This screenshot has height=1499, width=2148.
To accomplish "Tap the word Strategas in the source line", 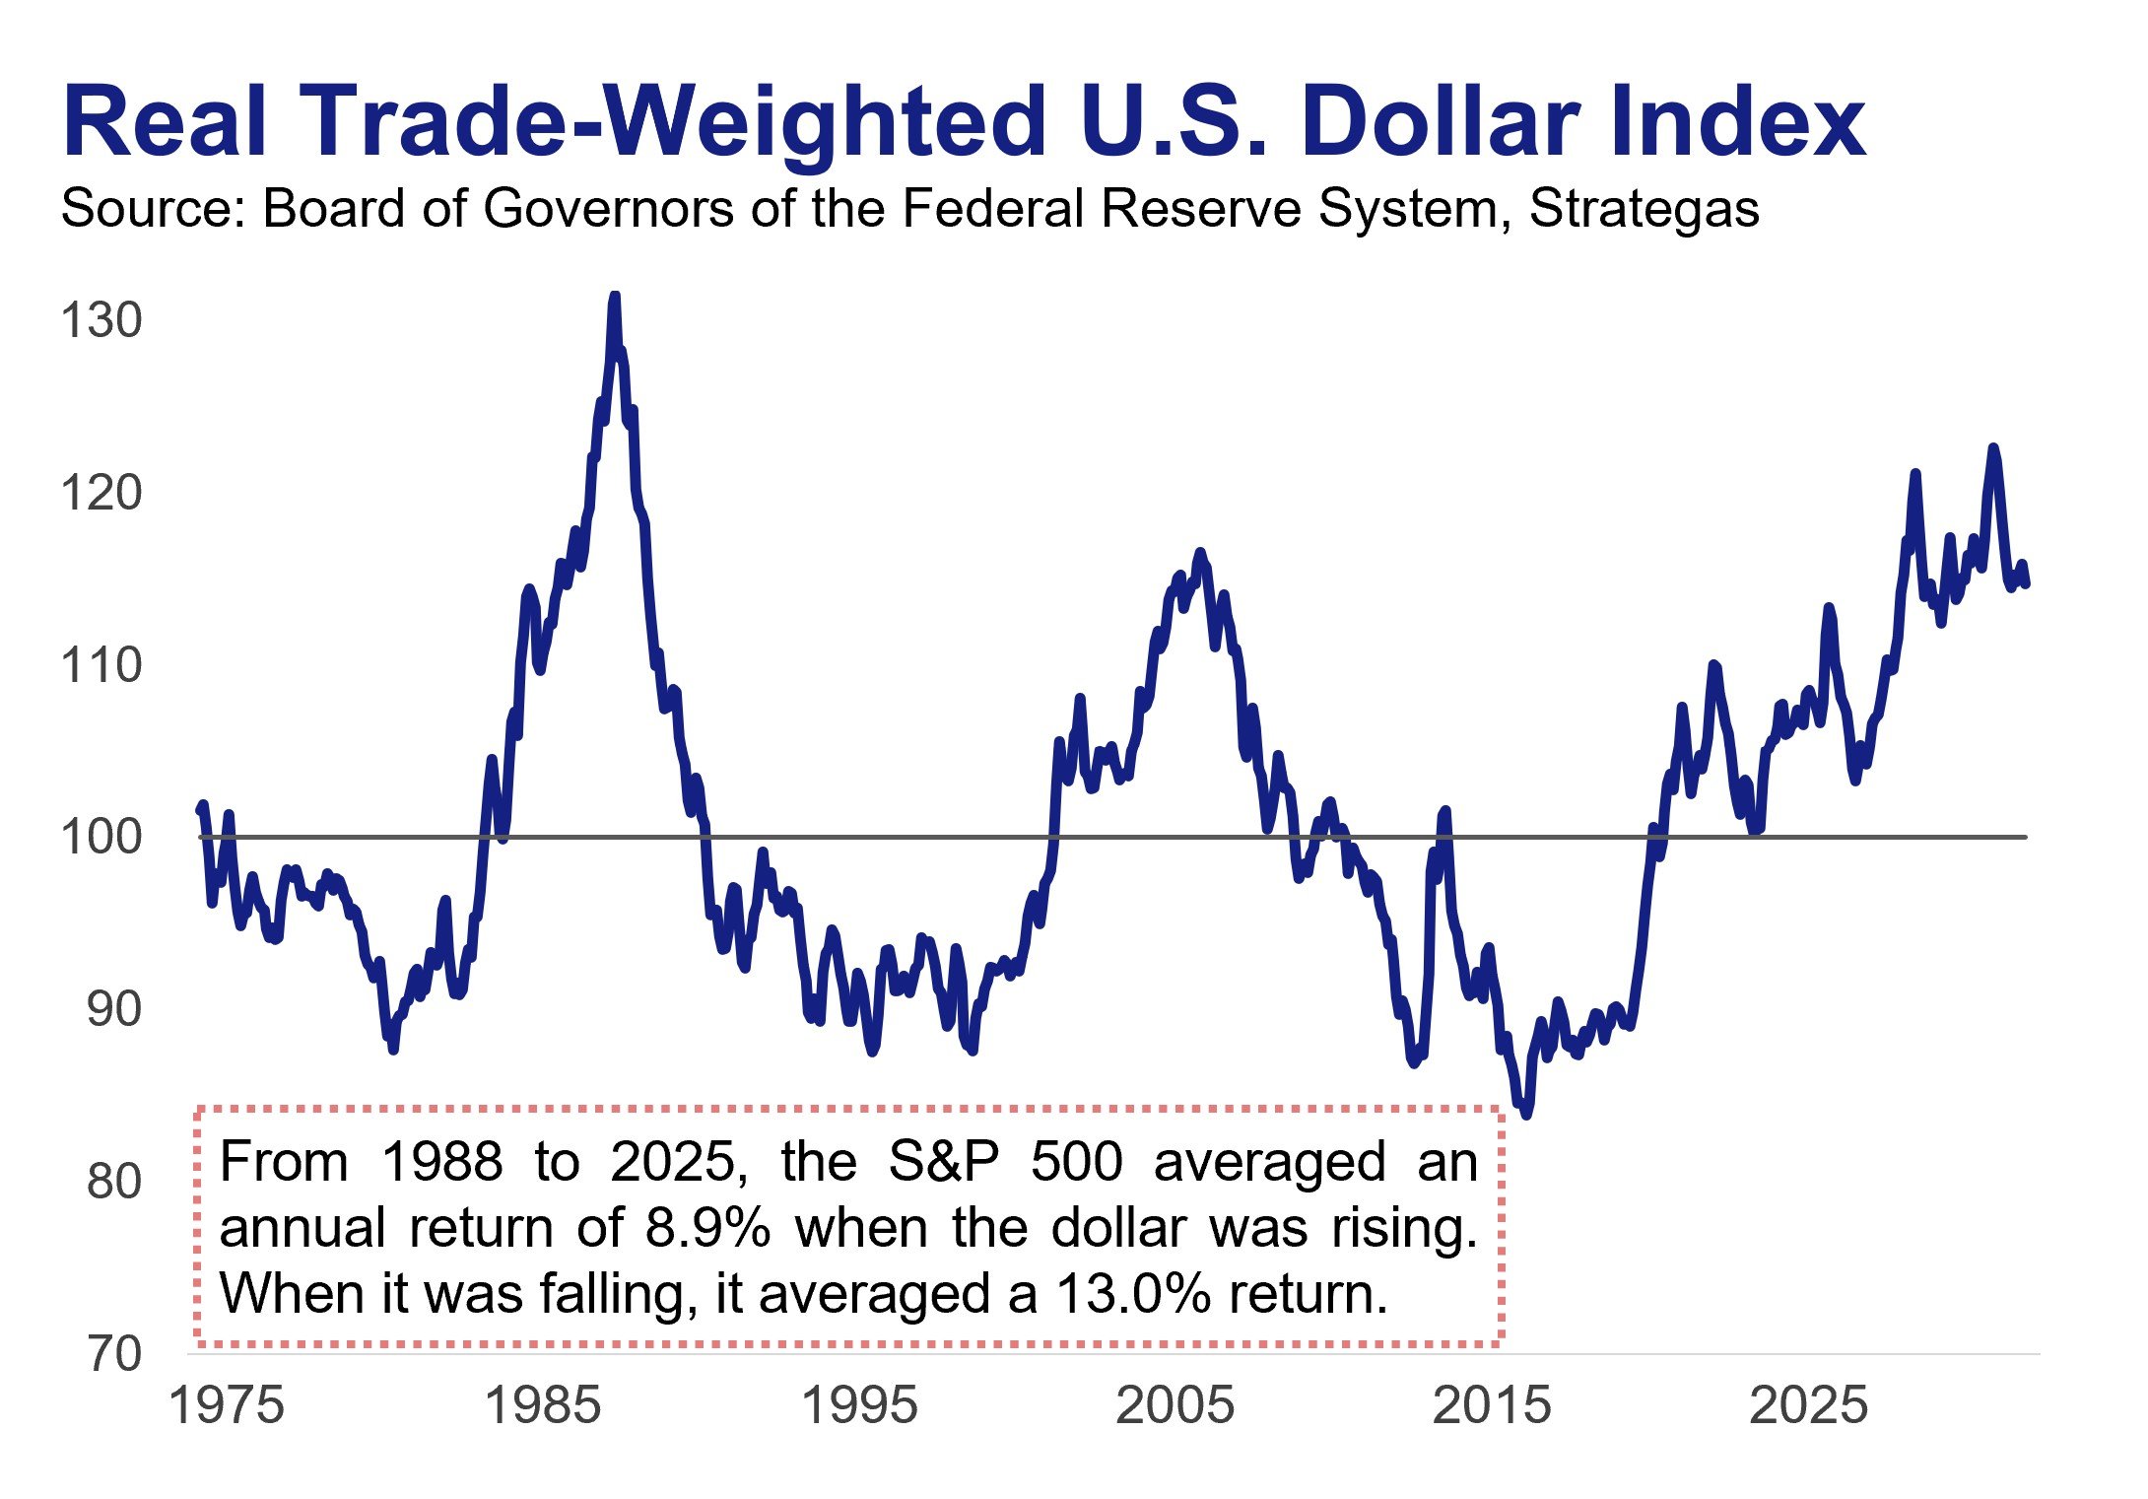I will pos(1644,209).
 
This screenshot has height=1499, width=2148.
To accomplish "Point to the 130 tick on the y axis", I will pos(101,321).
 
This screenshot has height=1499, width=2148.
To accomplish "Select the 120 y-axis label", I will pos(101,493).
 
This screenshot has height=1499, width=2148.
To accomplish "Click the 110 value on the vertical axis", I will pos(101,665).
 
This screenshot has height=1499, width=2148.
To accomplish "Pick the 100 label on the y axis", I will pos(101,837).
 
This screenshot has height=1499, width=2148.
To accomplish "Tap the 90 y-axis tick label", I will pos(113,1009).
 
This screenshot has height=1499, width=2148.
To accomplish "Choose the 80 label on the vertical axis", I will pos(113,1182).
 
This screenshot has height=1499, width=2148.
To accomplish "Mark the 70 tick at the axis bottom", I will pos(113,1354).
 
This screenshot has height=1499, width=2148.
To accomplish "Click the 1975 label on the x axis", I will pos(227,1405).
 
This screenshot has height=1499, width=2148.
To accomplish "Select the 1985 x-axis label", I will pos(543,1405).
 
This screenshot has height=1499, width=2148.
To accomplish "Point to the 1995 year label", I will pos(859,1405).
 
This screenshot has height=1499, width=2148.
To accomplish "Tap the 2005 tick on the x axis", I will pos(1175,1405).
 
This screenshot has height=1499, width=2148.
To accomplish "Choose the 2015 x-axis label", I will pos(1492,1405).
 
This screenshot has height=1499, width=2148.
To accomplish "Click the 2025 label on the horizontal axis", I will pos(1808,1405).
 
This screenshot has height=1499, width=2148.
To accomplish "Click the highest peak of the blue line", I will pos(615,296).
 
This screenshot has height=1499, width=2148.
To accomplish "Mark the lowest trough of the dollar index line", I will pos(1526,1115).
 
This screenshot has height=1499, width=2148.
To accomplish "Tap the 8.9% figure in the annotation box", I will pos(706,1228).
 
